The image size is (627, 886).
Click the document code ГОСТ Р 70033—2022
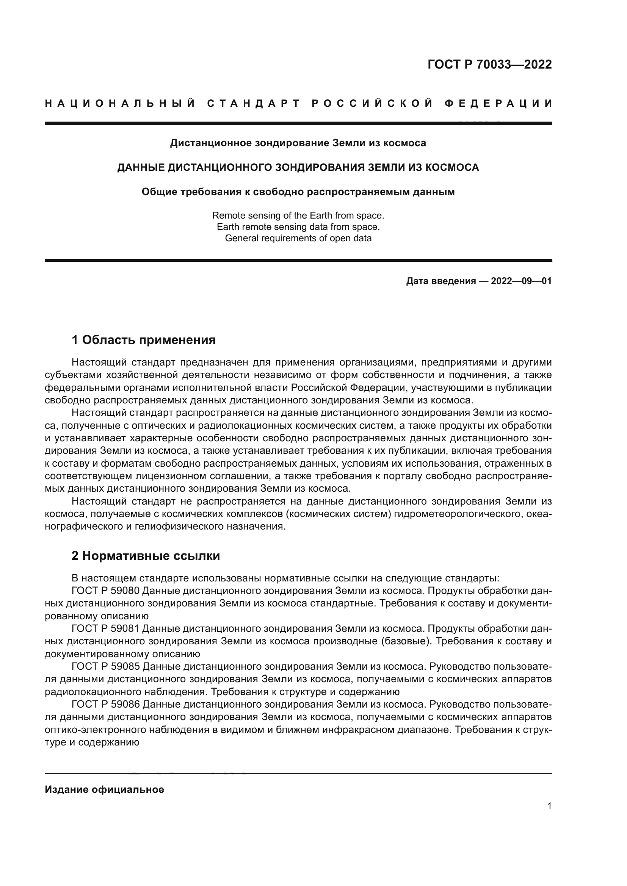point(489,64)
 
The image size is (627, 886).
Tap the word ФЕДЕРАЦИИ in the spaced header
point(498,103)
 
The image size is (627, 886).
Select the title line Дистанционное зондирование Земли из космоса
point(298,143)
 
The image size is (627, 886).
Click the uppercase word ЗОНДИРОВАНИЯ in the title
point(320,167)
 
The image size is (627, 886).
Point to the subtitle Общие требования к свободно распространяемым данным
point(298,192)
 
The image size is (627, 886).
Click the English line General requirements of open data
point(298,238)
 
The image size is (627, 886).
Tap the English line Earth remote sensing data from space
point(298,227)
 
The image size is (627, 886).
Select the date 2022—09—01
point(521,281)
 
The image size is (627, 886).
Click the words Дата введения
point(441,281)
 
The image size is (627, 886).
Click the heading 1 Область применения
point(144,340)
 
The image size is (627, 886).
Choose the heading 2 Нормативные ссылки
point(146,556)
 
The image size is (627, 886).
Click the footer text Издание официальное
point(104,789)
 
